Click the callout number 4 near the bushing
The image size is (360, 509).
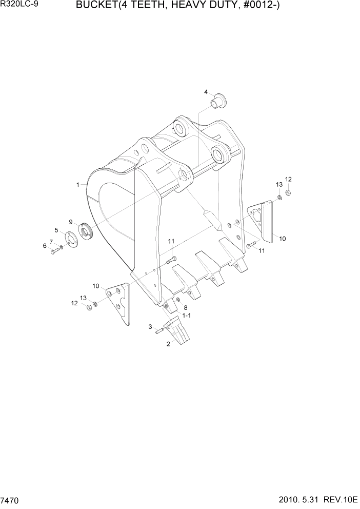[x=206, y=92]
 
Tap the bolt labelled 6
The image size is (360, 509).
[x=54, y=251]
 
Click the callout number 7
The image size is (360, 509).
[x=51, y=241]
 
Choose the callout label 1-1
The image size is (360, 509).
[x=185, y=316]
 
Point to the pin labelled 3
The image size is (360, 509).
[x=159, y=330]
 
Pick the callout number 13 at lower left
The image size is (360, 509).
[x=84, y=298]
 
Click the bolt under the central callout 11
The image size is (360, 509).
[x=171, y=261]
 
